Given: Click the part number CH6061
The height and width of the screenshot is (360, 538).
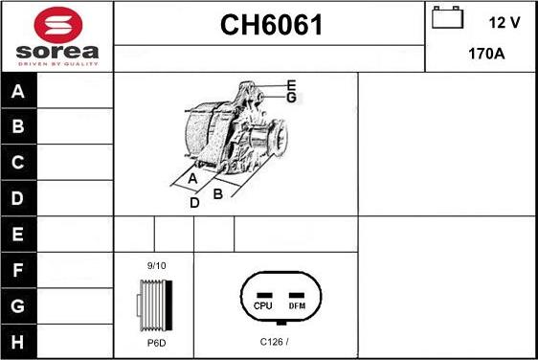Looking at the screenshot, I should [x=272, y=25].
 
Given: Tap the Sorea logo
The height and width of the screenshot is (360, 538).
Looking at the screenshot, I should [x=56, y=37].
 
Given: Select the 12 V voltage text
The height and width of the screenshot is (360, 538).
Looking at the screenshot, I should [x=504, y=20].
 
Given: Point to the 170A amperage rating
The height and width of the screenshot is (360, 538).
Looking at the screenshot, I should [x=485, y=54].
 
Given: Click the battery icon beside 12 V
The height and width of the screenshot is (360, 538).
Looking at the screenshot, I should [x=447, y=19].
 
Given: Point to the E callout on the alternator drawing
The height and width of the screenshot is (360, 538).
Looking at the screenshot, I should [x=291, y=86].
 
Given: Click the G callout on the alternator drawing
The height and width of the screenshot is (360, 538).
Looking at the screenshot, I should [x=292, y=98].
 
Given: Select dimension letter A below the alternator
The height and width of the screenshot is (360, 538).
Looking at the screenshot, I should [x=192, y=179].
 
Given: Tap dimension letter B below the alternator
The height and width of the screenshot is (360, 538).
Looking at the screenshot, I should [x=218, y=193].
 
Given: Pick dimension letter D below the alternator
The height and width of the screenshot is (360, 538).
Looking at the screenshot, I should [x=194, y=202].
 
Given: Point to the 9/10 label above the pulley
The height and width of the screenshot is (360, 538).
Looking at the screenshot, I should [x=156, y=265].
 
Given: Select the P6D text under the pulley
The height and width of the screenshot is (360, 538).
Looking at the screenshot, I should [x=156, y=342].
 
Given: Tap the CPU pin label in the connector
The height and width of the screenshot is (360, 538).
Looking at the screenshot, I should [x=264, y=305].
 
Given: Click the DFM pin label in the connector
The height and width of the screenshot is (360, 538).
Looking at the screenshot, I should [x=297, y=305].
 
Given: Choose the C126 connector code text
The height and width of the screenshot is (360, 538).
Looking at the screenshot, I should [x=274, y=342].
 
